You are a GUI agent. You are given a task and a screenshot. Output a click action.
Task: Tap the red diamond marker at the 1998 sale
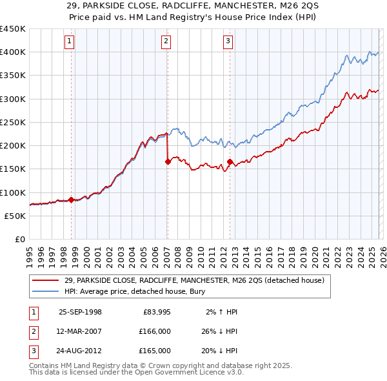pos(71,200)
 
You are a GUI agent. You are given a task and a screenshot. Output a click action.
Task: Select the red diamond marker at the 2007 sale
pos(168,161)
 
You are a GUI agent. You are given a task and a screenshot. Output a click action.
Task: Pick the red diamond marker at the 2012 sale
pos(230,161)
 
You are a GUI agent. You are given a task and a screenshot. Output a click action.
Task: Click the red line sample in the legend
pos(46,280)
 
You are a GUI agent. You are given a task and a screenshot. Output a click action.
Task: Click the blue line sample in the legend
pos(46,291)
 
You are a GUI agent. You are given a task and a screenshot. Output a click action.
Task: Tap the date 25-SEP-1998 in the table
pos(80,312)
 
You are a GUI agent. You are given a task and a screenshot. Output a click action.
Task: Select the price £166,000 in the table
pos(155,331)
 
